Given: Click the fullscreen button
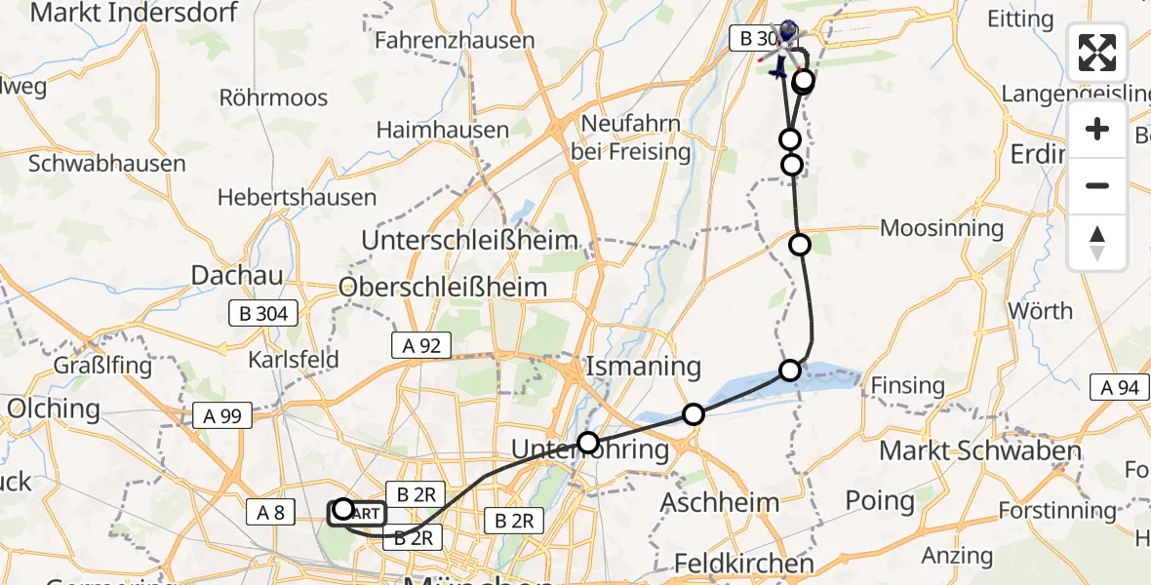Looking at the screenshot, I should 1097,53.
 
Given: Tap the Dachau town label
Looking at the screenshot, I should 229,276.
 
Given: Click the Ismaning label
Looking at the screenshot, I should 643,368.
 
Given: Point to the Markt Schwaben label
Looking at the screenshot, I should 980,450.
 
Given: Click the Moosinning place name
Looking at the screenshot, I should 941,228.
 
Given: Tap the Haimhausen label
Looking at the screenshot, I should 443,130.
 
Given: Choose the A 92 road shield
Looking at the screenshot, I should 421,344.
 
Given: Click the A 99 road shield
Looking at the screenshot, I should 223,416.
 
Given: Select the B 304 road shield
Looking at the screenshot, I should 258,314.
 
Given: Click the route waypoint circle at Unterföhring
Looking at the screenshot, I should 588,444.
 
